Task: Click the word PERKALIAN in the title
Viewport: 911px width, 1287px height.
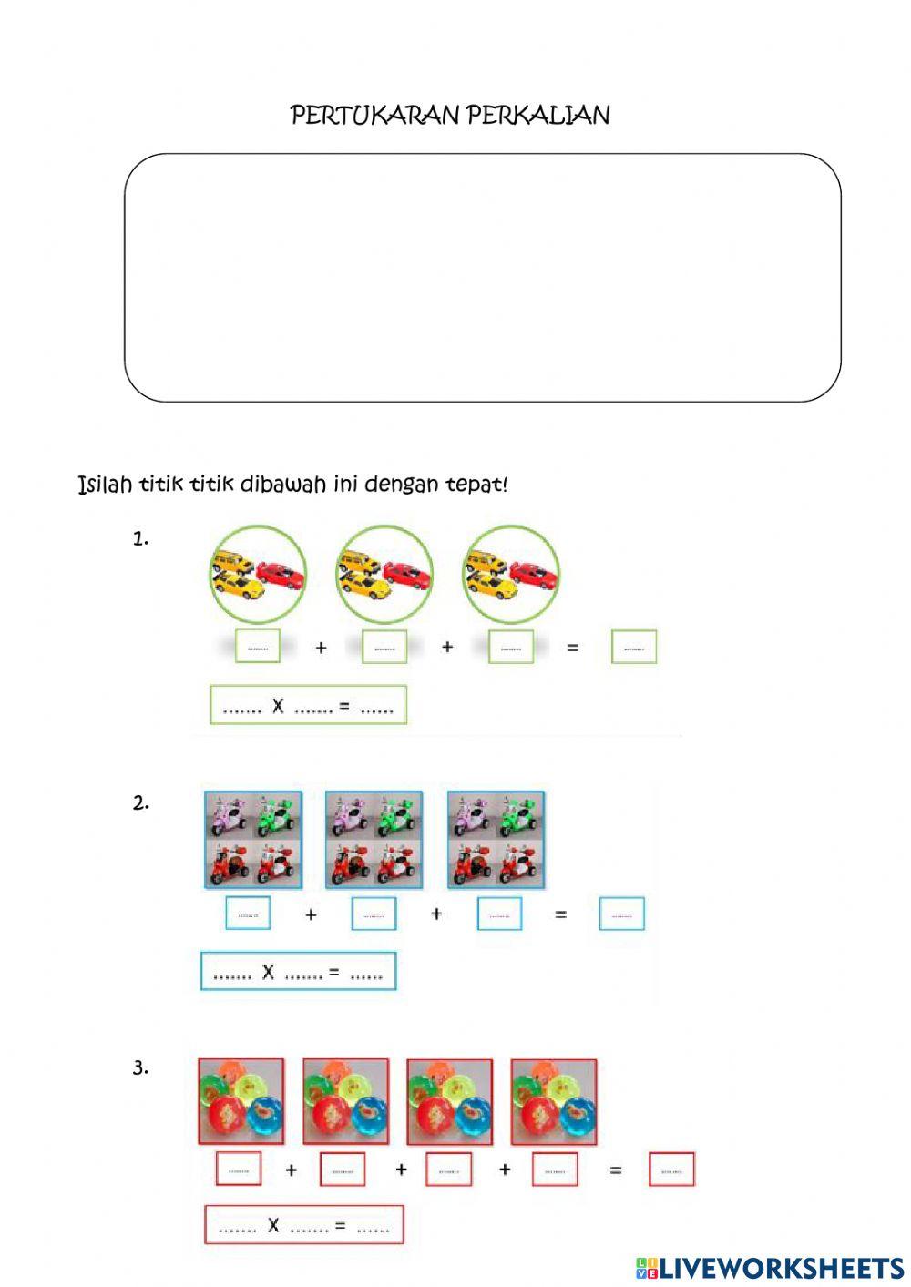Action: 537,116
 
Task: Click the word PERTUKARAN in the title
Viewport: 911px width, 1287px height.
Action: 374,116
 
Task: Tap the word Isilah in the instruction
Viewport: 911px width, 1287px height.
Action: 105,484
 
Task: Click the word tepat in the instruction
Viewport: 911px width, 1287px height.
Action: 476,484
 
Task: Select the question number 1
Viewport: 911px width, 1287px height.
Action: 140,539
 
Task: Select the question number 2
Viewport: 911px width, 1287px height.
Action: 140,803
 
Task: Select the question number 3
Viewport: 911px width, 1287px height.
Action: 140,1067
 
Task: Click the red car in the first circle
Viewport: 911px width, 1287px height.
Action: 281,574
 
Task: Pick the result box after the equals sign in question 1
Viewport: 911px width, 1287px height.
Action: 633,648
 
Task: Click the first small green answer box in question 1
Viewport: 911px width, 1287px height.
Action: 257,648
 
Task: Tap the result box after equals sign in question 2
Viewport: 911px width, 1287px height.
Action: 621,914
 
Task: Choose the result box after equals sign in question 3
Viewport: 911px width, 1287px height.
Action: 671,1170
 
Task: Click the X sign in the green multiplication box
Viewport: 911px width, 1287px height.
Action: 278,705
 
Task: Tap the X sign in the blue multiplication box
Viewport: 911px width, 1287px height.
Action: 268,973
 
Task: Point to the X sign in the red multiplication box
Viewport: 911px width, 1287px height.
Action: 273,1226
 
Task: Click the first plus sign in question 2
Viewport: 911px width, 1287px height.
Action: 312,914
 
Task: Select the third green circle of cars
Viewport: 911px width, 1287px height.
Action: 510,574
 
